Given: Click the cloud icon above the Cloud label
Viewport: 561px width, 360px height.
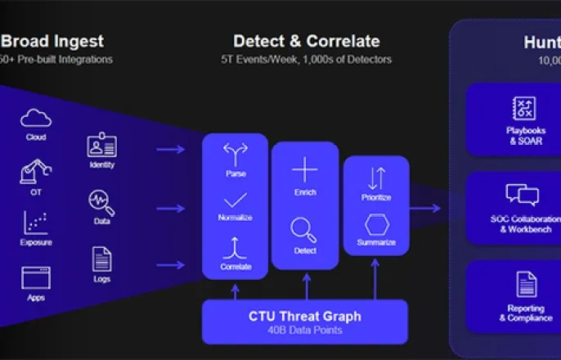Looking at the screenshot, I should (x=35, y=118).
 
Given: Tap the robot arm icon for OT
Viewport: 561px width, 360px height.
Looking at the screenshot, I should (x=35, y=171).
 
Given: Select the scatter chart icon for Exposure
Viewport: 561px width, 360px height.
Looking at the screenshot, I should (x=35, y=223).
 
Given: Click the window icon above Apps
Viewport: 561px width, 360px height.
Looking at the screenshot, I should (x=35, y=278).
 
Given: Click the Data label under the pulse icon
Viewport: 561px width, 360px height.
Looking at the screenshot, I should (x=102, y=221).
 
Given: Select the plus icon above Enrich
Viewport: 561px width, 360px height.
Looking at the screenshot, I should (x=305, y=169).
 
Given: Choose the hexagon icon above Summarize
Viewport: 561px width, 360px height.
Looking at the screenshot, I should (x=377, y=224).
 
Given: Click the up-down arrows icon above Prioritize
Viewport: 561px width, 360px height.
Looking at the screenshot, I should (x=377, y=178).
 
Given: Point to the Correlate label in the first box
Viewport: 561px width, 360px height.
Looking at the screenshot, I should (x=236, y=267).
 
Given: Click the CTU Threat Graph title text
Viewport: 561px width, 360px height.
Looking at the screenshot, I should (x=304, y=316).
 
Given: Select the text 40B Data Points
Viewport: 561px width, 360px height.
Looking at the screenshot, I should (x=304, y=331).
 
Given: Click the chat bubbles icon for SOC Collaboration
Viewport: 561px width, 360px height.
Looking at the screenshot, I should (x=522, y=194).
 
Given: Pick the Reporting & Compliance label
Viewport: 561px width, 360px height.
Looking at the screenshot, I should (x=527, y=313).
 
